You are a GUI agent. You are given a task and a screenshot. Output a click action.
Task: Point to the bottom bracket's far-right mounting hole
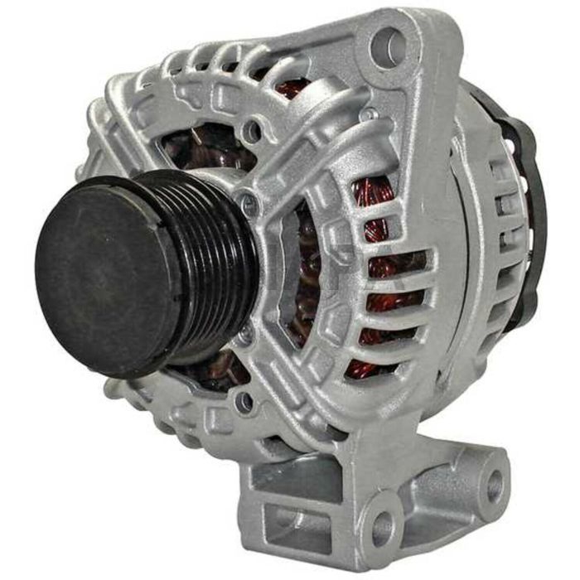[495, 481]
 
